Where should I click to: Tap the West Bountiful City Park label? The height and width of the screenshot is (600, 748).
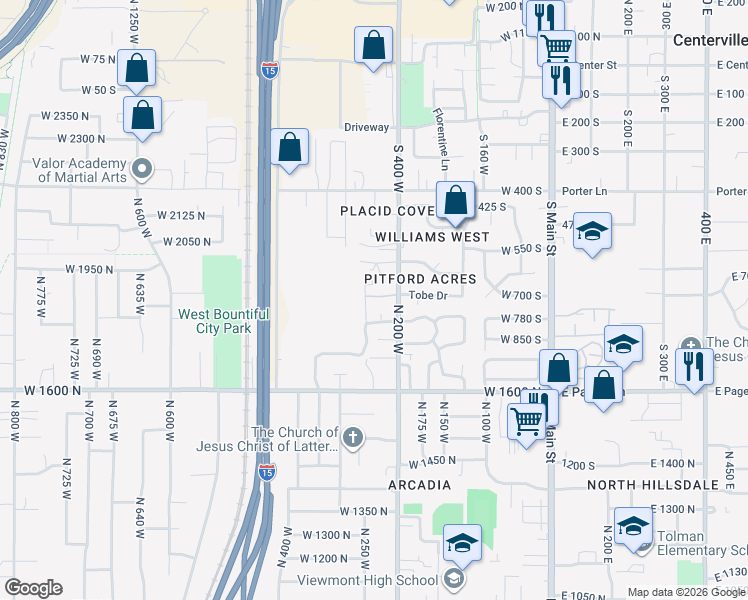(x=223, y=320)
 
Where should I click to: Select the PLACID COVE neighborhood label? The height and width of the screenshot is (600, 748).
(x=387, y=211)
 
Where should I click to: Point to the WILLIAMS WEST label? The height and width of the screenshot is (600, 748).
(x=432, y=237)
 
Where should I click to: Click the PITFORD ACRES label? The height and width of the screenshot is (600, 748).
(x=420, y=279)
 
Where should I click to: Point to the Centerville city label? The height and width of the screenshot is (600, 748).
(x=709, y=40)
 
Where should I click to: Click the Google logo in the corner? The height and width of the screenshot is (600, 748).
(x=33, y=588)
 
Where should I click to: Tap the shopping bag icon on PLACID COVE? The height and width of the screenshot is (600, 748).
(x=455, y=200)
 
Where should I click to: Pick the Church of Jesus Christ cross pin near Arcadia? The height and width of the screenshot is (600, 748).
(x=352, y=437)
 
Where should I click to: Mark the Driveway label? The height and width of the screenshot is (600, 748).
(x=366, y=128)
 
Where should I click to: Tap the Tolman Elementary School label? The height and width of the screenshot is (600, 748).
(x=700, y=551)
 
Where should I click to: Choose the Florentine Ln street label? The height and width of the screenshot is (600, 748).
(x=440, y=134)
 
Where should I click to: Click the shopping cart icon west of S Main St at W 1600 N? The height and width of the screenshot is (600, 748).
(x=526, y=420)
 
